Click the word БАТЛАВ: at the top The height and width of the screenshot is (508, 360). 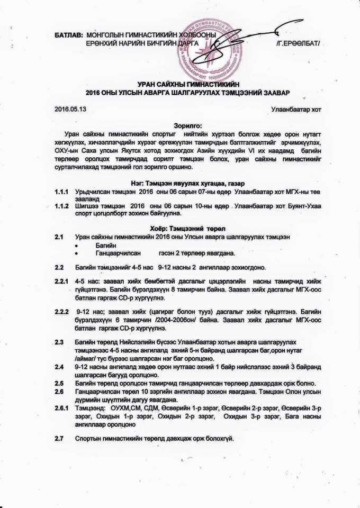(69, 34)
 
